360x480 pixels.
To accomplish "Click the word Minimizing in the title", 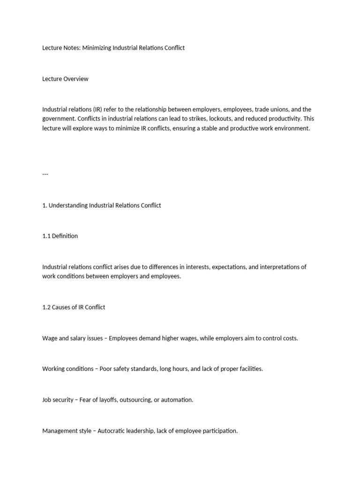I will coord(97,48).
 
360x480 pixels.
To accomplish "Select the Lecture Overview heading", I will coord(65,79).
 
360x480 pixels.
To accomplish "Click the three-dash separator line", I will coord(45,174).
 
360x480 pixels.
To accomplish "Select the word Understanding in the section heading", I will coord(68,205).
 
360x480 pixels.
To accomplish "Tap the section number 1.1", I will coord(47,236).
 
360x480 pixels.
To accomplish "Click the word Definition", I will coord(66,236).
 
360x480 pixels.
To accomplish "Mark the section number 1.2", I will coord(47,307).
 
